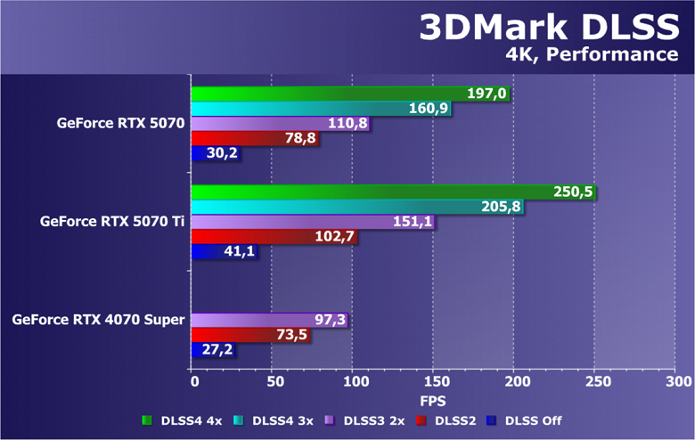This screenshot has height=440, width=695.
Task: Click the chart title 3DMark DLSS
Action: click(549, 28)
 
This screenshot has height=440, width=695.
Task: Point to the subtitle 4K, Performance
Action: click(592, 55)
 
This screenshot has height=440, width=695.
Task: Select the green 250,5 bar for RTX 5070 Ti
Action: click(374, 191)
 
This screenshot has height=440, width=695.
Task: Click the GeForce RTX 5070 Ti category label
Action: click(111, 222)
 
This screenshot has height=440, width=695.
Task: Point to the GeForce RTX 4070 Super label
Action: click(98, 319)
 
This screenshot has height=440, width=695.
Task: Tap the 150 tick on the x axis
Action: click(433, 381)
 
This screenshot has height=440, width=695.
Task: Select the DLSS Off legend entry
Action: click(531, 420)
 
